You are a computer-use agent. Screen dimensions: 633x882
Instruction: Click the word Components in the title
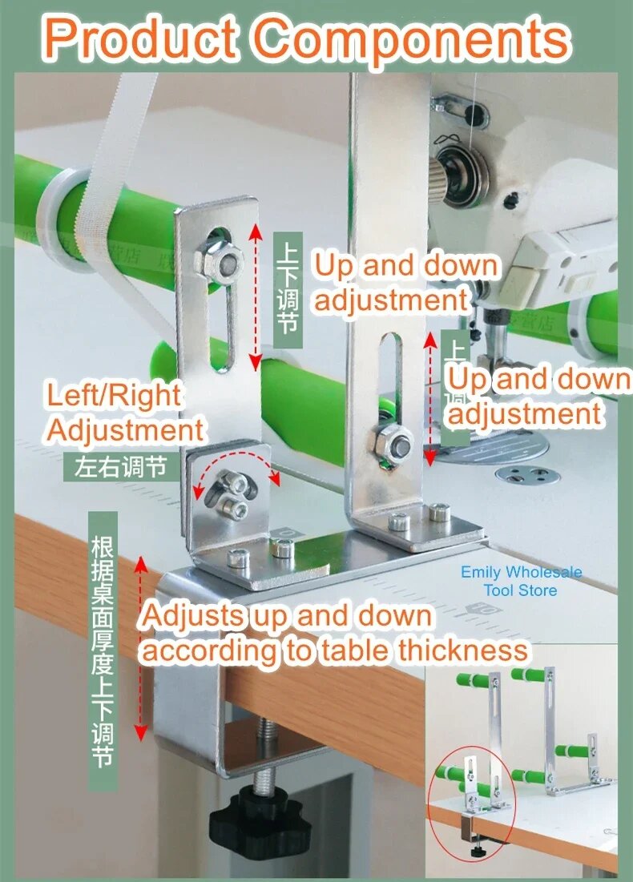(415, 38)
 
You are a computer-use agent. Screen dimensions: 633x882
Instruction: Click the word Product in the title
(143, 38)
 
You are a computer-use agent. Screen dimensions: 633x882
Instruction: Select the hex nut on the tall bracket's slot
(393, 443)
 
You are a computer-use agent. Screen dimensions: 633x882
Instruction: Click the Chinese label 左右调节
(120, 466)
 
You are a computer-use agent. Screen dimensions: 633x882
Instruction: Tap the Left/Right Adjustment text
(124, 412)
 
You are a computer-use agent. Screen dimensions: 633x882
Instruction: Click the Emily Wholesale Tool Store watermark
(521, 582)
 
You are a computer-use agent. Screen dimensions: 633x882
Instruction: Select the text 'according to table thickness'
(335, 650)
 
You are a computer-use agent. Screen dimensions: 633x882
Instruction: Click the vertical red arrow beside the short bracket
(256, 296)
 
